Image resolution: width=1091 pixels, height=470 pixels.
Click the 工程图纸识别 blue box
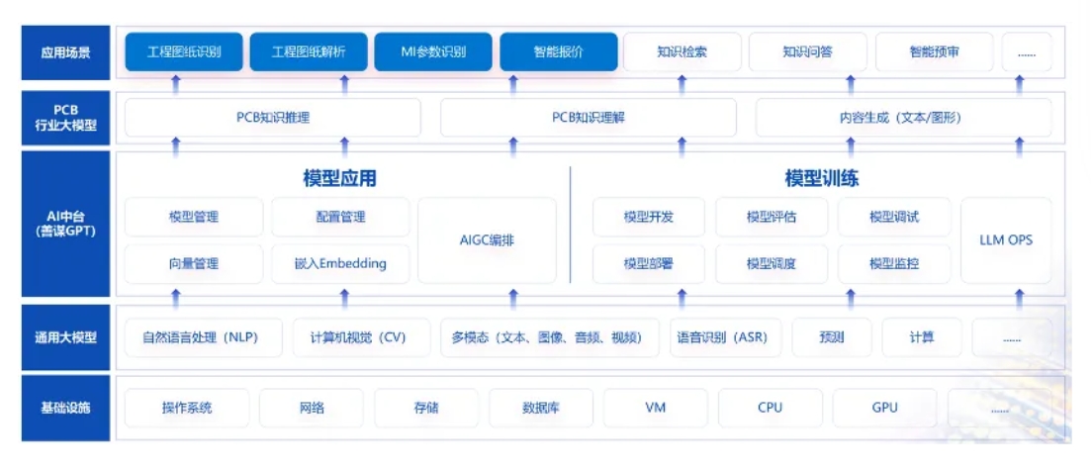point(184,52)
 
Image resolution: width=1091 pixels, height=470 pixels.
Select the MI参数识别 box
point(433,52)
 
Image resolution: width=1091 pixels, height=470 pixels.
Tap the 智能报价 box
point(559,52)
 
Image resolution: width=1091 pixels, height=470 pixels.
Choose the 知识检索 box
point(682,52)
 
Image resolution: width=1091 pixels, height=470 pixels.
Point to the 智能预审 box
point(934,52)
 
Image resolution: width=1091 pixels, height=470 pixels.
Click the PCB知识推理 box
point(273,118)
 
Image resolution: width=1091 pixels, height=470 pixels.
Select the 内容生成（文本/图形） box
point(903,118)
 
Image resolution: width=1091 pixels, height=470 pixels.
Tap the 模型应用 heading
point(339,179)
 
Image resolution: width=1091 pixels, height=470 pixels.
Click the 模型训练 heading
point(822,179)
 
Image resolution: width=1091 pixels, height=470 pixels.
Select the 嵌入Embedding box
point(340,264)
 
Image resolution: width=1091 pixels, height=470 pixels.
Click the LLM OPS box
point(1006,240)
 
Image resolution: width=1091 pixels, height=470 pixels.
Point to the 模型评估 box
point(772,217)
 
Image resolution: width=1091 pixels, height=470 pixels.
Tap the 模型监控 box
point(894,264)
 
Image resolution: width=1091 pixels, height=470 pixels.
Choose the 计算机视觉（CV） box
point(363,337)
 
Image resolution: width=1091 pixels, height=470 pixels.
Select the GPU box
point(884,407)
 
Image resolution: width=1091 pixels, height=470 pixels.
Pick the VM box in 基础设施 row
point(656,407)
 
